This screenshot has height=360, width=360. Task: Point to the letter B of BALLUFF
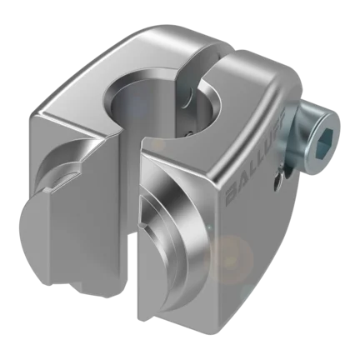pyautogui.click(x=232, y=195)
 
